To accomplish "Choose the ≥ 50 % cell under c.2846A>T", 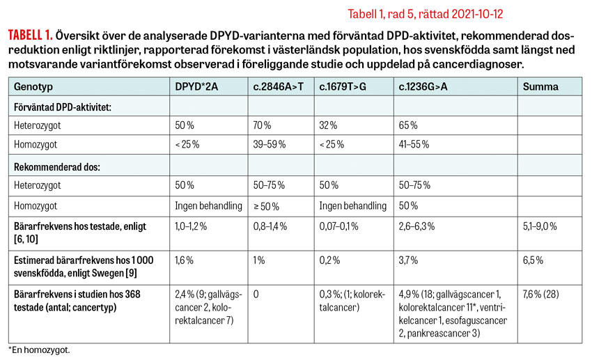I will pyautogui.click(x=266, y=205).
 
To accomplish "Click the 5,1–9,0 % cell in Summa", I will pyautogui.click(x=545, y=226).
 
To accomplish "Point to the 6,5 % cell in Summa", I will pyautogui.click(x=534, y=259).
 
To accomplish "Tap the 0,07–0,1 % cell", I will pyautogui.click(x=341, y=226).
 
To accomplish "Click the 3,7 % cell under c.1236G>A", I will pyautogui.click(x=408, y=259).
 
